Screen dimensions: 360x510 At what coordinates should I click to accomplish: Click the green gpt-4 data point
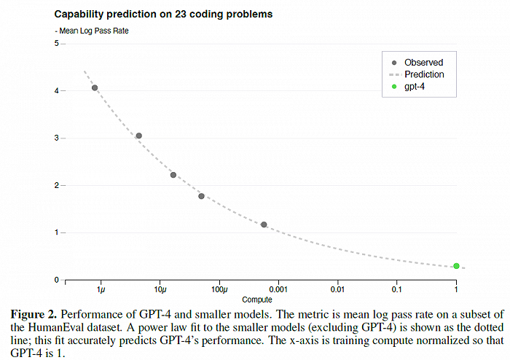point(456,266)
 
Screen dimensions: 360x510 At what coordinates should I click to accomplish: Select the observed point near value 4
point(95,88)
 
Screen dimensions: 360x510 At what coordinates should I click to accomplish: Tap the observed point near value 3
point(138,136)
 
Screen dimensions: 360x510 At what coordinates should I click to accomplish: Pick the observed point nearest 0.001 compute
point(264,224)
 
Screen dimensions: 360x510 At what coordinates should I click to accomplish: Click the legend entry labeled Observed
point(423,63)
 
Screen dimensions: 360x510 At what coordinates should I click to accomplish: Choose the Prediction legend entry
point(423,74)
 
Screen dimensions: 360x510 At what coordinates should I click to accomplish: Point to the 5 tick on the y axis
point(55,44)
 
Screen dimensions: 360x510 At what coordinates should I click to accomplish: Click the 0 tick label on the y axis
point(55,280)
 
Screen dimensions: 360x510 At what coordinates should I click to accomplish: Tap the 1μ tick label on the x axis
point(101,291)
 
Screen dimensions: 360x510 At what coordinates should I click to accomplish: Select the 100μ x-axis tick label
point(219,291)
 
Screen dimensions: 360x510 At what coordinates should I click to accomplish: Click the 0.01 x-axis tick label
point(337,291)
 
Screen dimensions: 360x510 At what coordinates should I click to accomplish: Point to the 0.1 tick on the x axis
point(396,291)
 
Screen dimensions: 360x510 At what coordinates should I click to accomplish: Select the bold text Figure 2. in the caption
point(34,314)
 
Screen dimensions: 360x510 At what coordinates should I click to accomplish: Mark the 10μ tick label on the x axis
point(160,291)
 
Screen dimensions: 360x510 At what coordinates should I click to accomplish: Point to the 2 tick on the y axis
point(55,186)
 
